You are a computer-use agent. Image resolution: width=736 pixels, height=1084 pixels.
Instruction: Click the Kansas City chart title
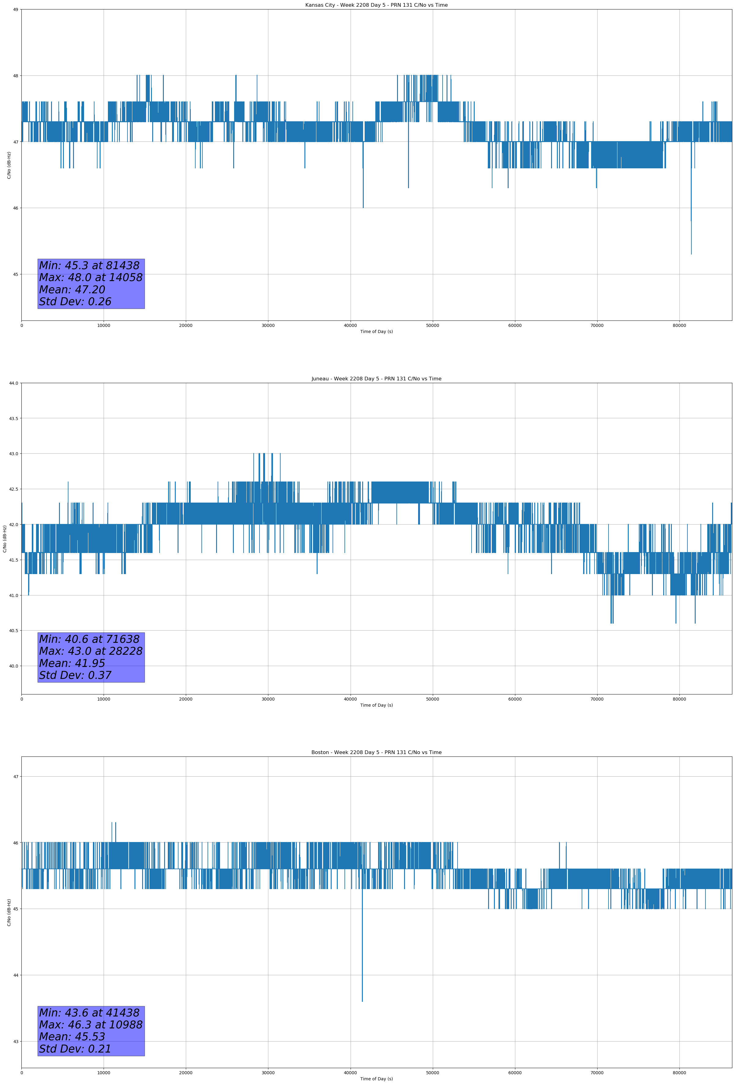(x=376, y=5)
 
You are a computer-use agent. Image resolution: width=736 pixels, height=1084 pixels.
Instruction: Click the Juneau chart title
(x=376, y=379)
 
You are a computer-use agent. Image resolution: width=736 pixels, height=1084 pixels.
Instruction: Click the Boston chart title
(x=376, y=753)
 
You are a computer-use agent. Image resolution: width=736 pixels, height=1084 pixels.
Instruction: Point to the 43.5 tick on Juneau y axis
(x=13, y=418)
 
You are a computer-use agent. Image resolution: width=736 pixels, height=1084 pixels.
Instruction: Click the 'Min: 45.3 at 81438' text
(x=89, y=266)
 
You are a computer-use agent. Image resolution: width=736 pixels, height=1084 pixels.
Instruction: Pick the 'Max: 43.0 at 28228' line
(x=90, y=651)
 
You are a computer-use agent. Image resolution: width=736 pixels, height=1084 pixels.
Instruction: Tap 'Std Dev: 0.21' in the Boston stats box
(x=75, y=1049)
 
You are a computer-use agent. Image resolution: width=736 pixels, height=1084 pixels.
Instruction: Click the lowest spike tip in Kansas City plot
(x=691, y=254)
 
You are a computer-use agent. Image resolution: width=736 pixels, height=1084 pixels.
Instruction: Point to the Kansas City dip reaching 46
(x=363, y=207)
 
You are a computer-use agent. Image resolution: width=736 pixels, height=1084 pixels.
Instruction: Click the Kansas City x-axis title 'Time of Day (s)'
(x=376, y=331)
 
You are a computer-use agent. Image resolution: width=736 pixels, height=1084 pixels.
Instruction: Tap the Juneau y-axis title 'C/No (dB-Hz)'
(x=5, y=539)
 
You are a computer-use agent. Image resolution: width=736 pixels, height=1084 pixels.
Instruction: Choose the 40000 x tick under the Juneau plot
(x=350, y=699)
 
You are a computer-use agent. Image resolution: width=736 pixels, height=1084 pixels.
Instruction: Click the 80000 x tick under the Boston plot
(x=679, y=1073)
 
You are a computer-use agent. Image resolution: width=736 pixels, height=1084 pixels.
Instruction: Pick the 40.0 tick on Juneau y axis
(x=13, y=666)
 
